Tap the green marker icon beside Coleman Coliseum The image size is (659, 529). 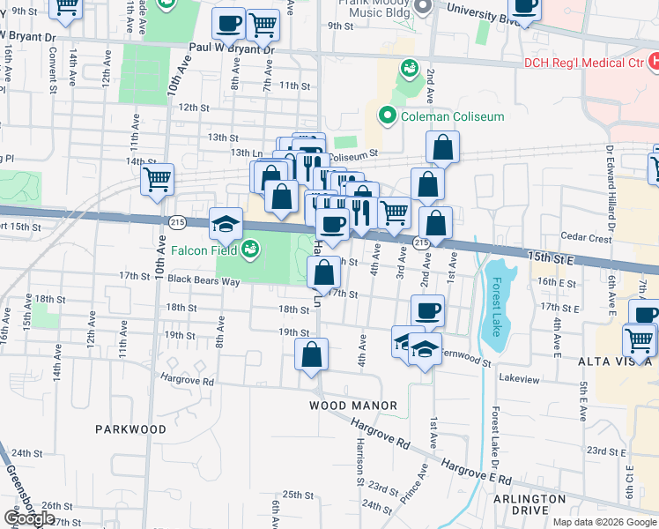coord(386,115)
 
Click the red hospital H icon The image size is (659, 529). coord(653,62)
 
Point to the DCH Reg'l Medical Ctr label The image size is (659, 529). coord(583,63)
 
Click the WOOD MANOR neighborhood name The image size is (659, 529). coord(352,406)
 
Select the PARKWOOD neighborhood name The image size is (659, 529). coord(130,429)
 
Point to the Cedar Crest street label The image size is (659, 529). coord(586,238)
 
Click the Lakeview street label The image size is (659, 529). coord(518,376)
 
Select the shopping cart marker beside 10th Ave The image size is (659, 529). coord(157,179)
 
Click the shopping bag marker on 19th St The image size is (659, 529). coord(312,354)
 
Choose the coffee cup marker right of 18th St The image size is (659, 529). coord(427,309)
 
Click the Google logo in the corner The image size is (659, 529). coord(28,518)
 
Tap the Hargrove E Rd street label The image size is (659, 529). coord(477,471)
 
